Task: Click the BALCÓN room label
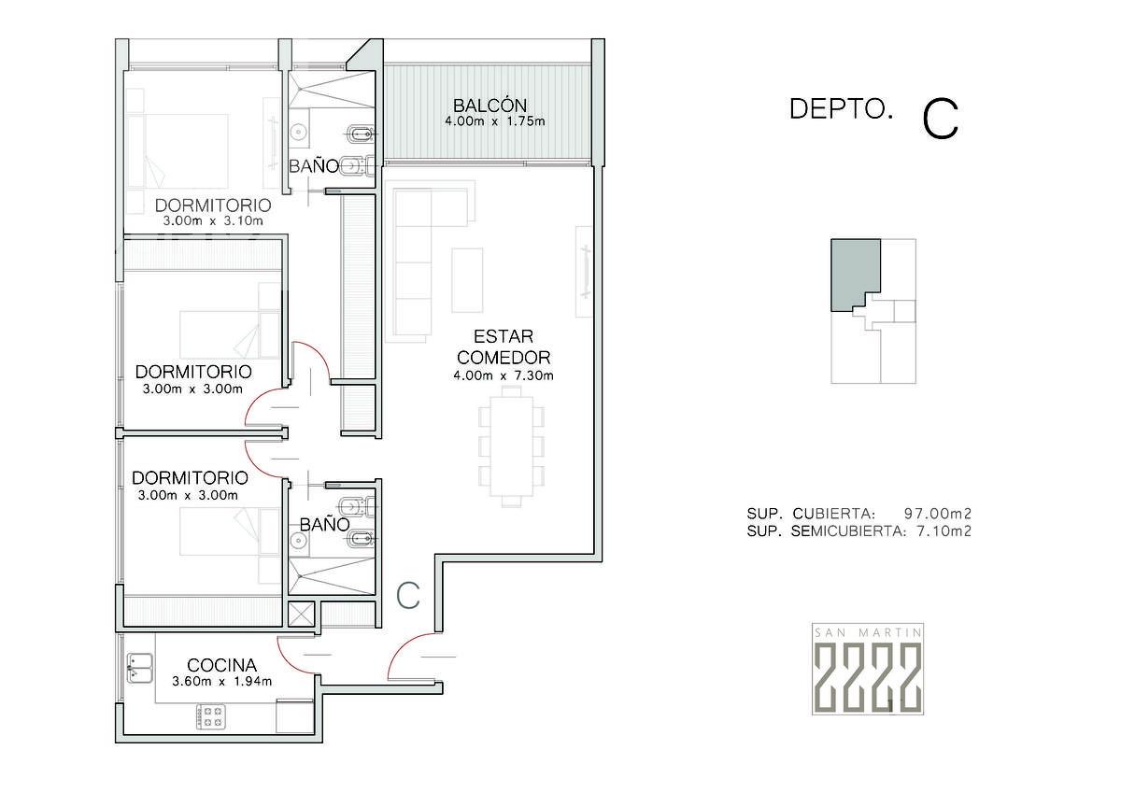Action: tap(490, 106)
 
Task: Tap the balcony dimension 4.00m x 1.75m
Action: tap(494, 121)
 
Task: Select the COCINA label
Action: tap(221, 665)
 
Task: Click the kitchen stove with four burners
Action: tap(211, 716)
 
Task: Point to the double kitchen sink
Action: tap(139, 668)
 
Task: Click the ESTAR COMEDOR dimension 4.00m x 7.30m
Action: tap(503, 375)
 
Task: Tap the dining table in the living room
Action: tap(512, 445)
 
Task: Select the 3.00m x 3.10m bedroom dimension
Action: tap(213, 220)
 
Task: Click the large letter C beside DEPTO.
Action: tap(941, 119)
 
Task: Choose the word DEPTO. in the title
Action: tap(841, 108)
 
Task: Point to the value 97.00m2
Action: tap(937, 514)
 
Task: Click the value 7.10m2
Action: tap(944, 530)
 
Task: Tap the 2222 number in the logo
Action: tap(867, 676)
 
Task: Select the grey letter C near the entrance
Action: tap(408, 595)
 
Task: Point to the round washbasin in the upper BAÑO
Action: tap(299, 132)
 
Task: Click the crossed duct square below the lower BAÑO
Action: tap(301, 614)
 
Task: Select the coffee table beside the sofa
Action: tap(467, 280)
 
